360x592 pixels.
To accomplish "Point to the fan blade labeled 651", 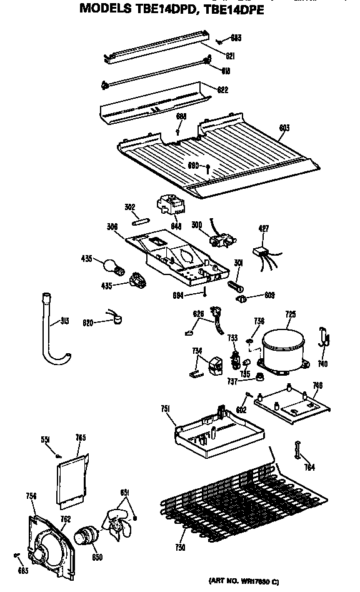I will tap(117, 520).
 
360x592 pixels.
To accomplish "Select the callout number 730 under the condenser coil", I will tap(181, 548).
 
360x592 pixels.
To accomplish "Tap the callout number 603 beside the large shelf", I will tap(283, 129).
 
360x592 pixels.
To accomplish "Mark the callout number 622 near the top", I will tap(221, 89).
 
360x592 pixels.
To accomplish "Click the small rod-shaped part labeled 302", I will tap(139, 219).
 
